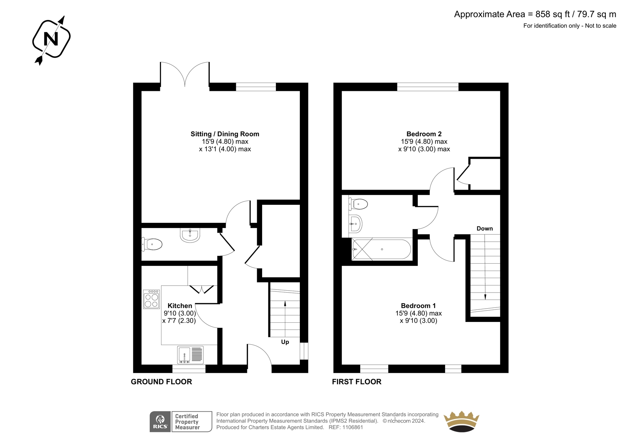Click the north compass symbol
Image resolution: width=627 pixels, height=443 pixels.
51,40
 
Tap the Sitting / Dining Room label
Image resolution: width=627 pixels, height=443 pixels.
225,134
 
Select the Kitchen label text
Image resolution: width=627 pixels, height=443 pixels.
180,306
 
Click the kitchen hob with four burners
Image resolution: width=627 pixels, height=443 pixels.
151,299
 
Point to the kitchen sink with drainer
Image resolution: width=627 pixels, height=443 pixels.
190,355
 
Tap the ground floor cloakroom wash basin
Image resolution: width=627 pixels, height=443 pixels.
190,235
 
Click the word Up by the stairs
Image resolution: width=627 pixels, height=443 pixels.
285,342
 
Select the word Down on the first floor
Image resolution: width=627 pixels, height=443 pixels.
484,228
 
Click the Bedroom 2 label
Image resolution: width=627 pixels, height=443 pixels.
424,134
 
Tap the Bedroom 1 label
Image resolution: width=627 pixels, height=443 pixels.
418,306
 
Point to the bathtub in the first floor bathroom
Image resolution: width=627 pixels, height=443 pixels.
381,249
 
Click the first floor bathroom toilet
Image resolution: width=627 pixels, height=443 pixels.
358,204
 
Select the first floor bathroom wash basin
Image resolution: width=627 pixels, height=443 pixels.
355,224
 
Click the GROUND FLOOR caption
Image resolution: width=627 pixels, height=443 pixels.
161,382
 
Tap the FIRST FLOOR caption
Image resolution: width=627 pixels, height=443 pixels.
357,382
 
